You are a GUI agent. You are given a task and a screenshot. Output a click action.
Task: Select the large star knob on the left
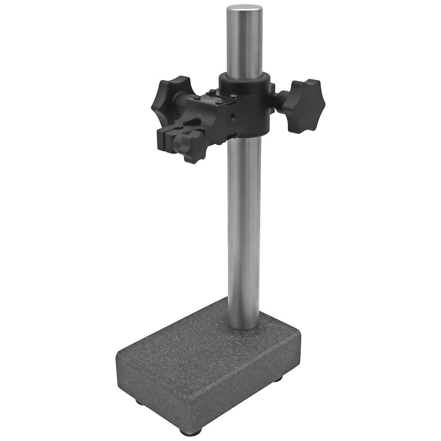pos(170,94)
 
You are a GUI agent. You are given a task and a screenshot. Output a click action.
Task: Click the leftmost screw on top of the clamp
pos(197,97)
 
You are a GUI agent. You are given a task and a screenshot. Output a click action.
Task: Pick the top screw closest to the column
pos(233,95)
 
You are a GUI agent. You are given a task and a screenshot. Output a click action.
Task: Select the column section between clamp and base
pos(243,229)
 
